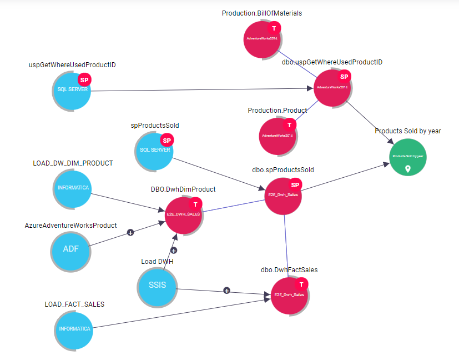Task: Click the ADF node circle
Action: point(70,248)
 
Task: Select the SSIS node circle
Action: point(157,287)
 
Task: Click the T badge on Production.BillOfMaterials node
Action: point(274,28)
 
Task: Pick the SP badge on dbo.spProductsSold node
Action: point(295,185)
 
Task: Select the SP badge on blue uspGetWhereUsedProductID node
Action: point(84,80)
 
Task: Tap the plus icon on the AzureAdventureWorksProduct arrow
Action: point(130,232)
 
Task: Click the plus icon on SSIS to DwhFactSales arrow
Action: point(226,291)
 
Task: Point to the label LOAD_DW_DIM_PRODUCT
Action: point(73,163)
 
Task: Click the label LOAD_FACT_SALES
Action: point(74,304)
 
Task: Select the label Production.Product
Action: point(277,111)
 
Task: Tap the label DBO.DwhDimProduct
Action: point(183,189)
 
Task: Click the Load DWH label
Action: point(158,261)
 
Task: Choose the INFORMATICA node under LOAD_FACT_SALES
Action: point(74,329)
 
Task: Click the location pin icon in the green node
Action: point(408,168)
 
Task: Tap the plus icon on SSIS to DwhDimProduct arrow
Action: point(173,250)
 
